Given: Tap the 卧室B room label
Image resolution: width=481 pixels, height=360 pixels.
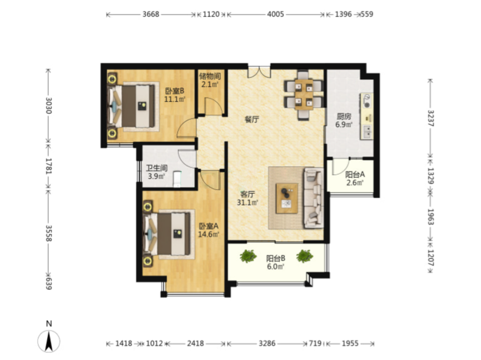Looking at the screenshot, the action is pos(175,91).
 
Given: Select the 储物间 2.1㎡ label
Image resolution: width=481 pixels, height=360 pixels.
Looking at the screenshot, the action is pos(210,80).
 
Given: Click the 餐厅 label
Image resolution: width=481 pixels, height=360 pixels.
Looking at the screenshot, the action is pos(251,119).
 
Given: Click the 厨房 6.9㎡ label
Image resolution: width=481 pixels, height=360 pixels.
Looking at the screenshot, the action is pos(344,121).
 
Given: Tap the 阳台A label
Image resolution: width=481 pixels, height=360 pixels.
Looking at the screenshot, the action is pos(355,174).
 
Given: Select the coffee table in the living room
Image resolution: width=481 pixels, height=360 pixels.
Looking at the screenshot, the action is pos(287,198).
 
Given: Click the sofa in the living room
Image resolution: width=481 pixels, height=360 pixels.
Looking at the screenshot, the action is pos(314,198).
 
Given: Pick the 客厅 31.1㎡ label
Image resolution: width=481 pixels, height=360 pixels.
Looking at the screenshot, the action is pos(247,198).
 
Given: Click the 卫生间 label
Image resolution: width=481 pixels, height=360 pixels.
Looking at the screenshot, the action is pos(156,168).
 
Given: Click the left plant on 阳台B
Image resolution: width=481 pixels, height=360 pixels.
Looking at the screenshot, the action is pos(248,257).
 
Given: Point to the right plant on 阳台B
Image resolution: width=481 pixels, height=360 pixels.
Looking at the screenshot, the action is pos(305,257).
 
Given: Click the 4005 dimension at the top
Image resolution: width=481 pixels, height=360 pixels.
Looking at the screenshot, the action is pos(275,14).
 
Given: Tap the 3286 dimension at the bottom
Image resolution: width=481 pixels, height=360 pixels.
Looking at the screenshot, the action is pos(267,343).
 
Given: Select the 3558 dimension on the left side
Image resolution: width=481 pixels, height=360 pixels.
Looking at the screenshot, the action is pos(48,234).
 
